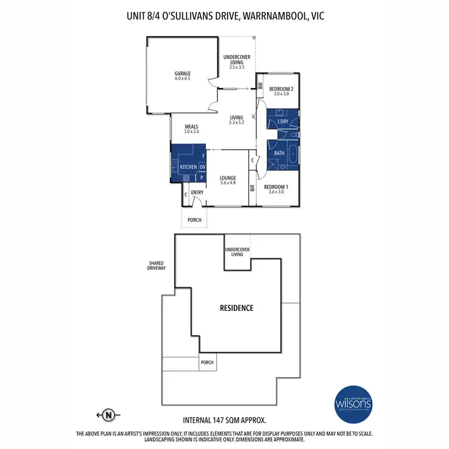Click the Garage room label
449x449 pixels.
click(183, 76)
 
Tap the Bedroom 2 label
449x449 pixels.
click(281, 91)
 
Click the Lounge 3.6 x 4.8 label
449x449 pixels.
click(227, 180)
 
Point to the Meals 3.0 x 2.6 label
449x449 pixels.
click(192, 129)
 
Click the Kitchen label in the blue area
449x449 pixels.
click(188, 166)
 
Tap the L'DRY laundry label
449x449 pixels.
click(283, 122)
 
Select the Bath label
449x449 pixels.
click(279, 153)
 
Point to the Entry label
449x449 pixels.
click(197, 192)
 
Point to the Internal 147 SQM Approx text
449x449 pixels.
click(224, 420)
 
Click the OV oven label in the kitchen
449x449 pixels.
click(202, 166)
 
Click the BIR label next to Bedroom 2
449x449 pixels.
click(260, 86)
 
